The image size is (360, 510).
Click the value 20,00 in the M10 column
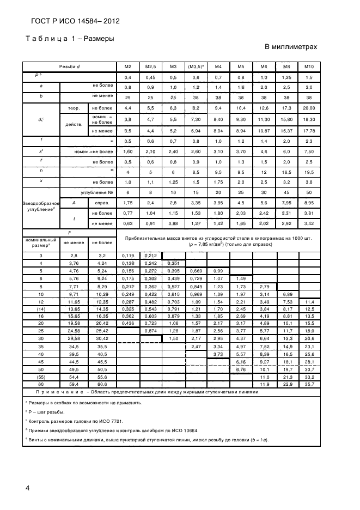coord(309,108)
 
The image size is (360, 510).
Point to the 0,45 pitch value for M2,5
coord(151,77)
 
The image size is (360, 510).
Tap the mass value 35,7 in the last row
coord(309,384)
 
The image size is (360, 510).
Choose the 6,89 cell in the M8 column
coord(286,294)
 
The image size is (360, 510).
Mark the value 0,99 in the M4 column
coord(218,270)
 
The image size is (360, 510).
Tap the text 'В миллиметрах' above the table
coord(290,47)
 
